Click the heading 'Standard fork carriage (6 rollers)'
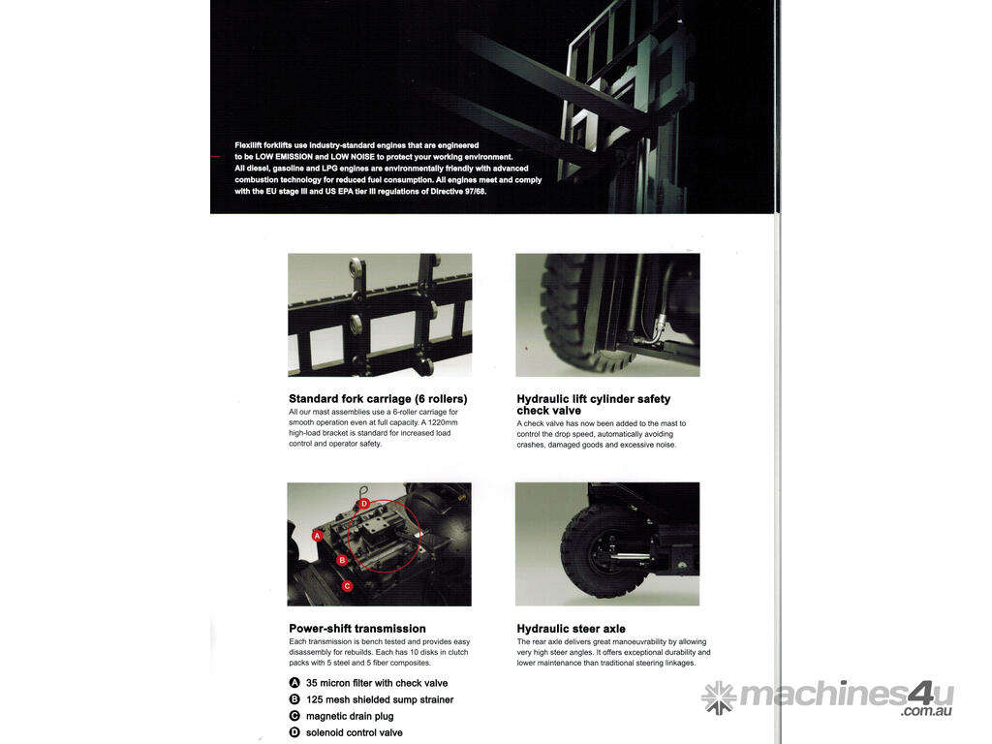(x=378, y=398)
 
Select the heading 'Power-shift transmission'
(x=357, y=628)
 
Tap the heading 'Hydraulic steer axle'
(x=571, y=628)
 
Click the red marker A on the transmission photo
(x=318, y=536)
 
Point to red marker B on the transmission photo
(x=342, y=560)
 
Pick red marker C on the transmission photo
(x=347, y=586)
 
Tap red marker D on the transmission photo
(x=364, y=504)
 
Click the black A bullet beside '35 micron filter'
(x=294, y=683)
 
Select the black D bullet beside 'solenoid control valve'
(x=294, y=732)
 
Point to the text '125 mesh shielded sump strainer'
(x=380, y=699)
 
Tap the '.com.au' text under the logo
(x=926, y=711)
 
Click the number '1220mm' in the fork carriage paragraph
(x=442, y=422)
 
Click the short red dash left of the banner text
(x=216, y=156)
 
